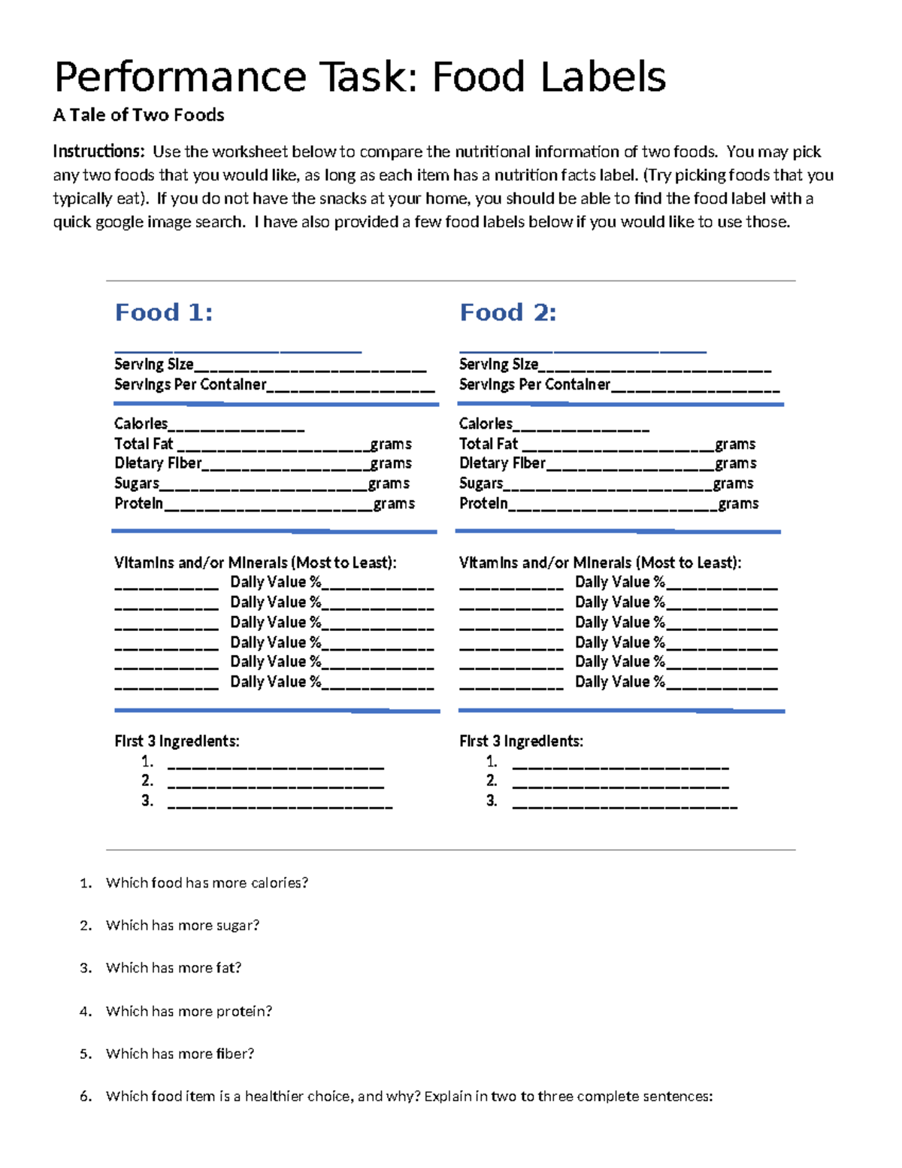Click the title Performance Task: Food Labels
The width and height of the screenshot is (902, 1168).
pos(359,77)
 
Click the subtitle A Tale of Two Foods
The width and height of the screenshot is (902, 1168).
pos(138,115)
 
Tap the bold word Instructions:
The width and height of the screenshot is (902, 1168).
pos(98,152)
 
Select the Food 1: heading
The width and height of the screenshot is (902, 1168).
pos(163,312)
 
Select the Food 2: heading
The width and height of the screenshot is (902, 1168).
pos(507,312)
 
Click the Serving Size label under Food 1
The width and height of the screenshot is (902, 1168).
pos(153,365)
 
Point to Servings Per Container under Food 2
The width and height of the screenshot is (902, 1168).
pos(534,385)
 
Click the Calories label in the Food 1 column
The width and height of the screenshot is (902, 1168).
pos(141,424)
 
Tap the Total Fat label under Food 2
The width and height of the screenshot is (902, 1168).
pos(488,444)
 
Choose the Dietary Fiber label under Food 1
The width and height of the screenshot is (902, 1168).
pos(158,463)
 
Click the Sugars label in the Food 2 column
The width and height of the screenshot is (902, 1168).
pos(481,484)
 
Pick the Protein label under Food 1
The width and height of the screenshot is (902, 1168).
pos(138,504)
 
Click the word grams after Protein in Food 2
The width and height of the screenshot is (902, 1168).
pos(737,504)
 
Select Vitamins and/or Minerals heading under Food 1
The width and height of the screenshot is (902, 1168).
pos(255,563)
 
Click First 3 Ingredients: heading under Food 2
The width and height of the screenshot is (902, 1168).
pos(521,742)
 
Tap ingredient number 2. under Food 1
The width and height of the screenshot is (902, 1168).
pos(147,781)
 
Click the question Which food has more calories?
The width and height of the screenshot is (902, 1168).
pos(207,883)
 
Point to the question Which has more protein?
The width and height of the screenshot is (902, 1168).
pos(189,1012)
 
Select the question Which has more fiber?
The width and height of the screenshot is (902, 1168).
pos(180,1054)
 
